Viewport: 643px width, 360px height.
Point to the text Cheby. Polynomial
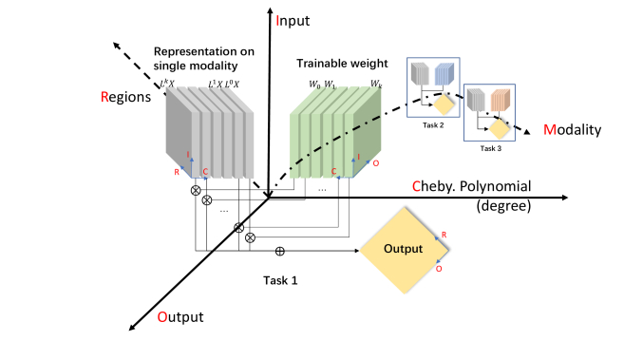coord(470,185)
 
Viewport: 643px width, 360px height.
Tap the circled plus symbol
coord(279,251)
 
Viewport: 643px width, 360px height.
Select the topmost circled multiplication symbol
coord(197,190)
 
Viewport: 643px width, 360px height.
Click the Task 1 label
coord(279,281)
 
